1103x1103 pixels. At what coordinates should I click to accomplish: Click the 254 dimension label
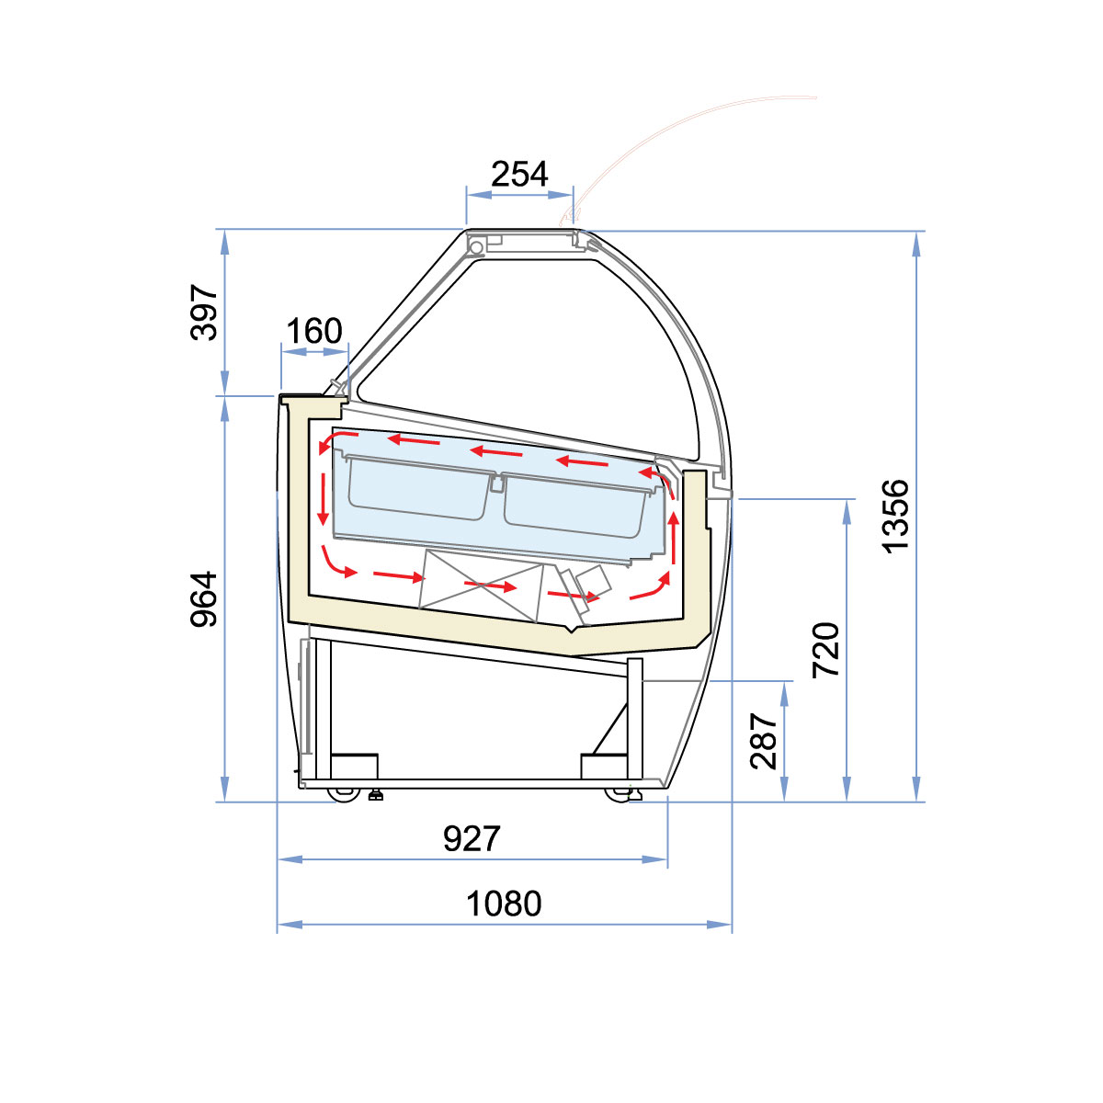click(x=519, y=174)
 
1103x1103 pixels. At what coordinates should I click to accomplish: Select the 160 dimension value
click(x=314, y=331)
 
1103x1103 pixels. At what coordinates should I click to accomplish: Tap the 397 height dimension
click(x=204, y=313)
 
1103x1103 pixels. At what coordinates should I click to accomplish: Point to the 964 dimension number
click(x=204, y=599)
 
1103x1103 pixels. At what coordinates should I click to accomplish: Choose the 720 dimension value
click(x=826, y=650)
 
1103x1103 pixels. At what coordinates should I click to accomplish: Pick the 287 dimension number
click(x=764, y=741)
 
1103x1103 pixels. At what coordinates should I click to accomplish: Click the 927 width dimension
click(x=472, y=839)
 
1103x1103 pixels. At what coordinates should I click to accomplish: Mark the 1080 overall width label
click(x=504, y=904)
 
